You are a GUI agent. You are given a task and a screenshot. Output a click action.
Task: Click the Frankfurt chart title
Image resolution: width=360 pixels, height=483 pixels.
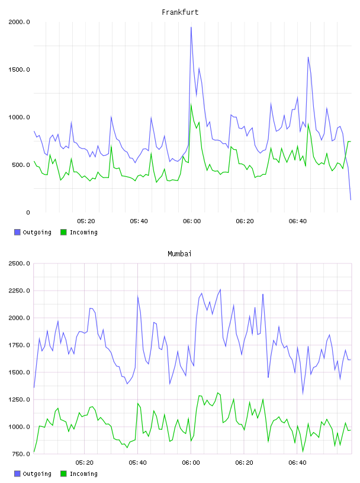pos(180,12)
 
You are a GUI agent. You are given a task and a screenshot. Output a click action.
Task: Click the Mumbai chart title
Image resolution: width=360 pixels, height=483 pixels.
pos(179,254)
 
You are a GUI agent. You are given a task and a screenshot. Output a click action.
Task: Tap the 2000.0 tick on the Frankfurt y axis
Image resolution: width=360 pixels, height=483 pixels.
pos(19,22)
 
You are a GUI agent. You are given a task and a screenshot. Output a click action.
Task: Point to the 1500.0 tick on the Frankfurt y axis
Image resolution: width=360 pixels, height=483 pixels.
pos(19,70)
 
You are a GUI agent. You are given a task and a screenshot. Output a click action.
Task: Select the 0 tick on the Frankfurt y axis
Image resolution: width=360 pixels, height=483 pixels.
pos(28,212)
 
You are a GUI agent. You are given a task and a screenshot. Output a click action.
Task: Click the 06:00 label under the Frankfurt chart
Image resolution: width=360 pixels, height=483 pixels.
pos(192,221)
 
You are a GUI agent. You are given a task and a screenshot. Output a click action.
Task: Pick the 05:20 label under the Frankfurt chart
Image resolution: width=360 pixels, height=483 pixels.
pos(86,221)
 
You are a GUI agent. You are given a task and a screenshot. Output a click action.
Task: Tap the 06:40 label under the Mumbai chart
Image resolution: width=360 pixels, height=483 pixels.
pos(297,463)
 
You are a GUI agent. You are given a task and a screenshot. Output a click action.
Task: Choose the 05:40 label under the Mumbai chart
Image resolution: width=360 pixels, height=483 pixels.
pos(138,463)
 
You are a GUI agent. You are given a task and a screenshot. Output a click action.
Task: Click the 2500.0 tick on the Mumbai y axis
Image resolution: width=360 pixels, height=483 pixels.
pos(19,263)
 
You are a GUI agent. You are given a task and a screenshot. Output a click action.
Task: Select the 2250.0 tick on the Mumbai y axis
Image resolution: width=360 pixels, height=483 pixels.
pos(19,291)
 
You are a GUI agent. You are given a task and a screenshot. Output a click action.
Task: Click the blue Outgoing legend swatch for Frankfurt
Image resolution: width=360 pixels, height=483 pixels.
pos(17,232)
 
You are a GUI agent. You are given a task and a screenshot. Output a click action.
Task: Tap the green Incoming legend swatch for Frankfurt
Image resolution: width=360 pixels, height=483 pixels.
pos(63,232)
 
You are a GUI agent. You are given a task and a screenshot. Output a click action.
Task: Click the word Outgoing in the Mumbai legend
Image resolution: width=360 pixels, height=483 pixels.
pos(37,474)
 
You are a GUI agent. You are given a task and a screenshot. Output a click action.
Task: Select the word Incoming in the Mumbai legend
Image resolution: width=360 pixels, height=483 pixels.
pos(83,474)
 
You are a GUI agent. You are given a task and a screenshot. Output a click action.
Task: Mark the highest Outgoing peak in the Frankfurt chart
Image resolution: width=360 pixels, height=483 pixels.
pos(191,27)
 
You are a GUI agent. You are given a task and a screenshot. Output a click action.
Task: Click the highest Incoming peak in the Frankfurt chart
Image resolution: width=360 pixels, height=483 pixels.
pos(191,104)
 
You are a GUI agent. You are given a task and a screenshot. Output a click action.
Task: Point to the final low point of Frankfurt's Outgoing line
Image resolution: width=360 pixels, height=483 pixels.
pos(351,199)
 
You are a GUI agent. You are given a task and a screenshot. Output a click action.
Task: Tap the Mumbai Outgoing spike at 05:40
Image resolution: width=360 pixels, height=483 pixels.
pos(137,297)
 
